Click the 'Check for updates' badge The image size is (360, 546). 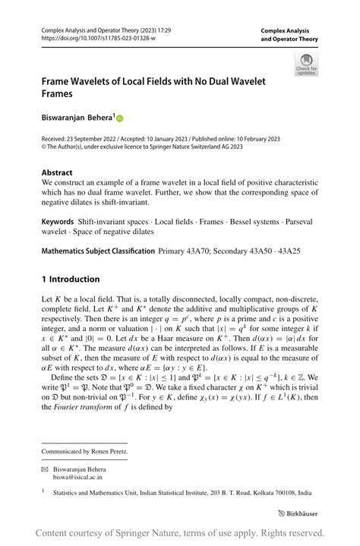[306, 65]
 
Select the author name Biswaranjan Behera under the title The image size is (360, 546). [77, 118]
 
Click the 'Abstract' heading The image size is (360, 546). [57, 172]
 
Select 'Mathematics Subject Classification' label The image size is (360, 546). [97, 250]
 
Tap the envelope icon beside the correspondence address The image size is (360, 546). [45, 469]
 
